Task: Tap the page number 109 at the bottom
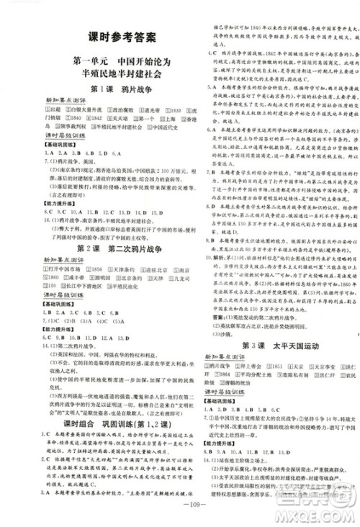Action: (x=179, y=515)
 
